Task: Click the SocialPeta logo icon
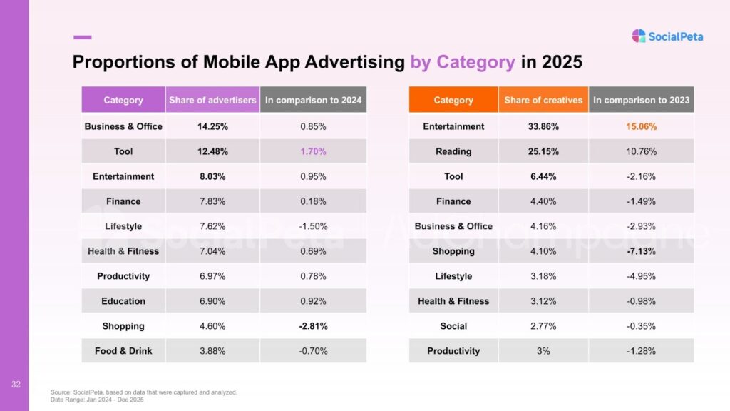pos(639,36)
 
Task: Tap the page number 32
pos(15,385)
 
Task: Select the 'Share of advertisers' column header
pos(212,101)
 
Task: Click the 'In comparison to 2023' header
pos(641,101)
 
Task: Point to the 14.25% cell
pos(212,126)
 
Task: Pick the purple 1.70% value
pos(313,151)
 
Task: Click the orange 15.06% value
pos(641,126)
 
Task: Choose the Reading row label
pos(453,151)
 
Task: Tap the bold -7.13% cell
pos(641,251)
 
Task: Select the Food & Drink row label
pos(123,351)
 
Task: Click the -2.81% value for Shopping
pos(313,326)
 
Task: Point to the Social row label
pos(453,326)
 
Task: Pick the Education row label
pos(123,301)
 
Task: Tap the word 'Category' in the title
pos(475,62)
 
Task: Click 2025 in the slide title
pos(562,62)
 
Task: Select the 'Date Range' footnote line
pos(96,400)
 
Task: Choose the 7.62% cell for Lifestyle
pos(212,226)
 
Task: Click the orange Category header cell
pos(453,101)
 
